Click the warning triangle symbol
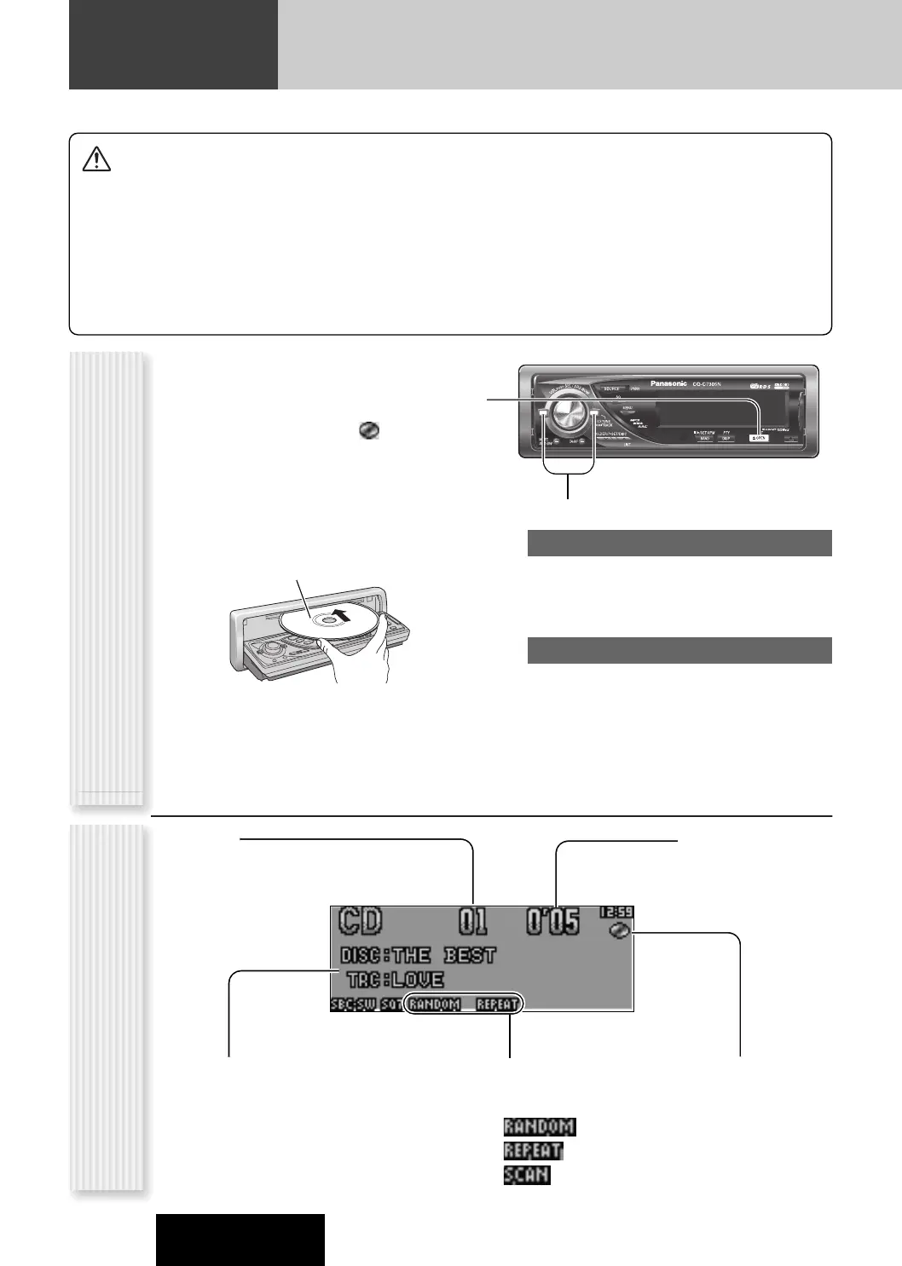[x=96, y=159]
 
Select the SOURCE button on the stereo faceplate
[x=611, y=388]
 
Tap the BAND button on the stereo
[x=705, y=438]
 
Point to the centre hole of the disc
[x=325, y=621]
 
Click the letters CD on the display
[x=361, y=922]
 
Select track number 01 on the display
[x=473, y=922]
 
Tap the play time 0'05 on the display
[x=552, y=922]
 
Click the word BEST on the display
[x=470, y=955]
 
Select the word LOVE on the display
[x=418, y=981]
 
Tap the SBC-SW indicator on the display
[x=353, y=1004]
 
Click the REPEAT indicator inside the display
[x=496, y=1004]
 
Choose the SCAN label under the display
[x=527, y=1175]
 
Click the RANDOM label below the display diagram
[x=539, y=1127]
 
